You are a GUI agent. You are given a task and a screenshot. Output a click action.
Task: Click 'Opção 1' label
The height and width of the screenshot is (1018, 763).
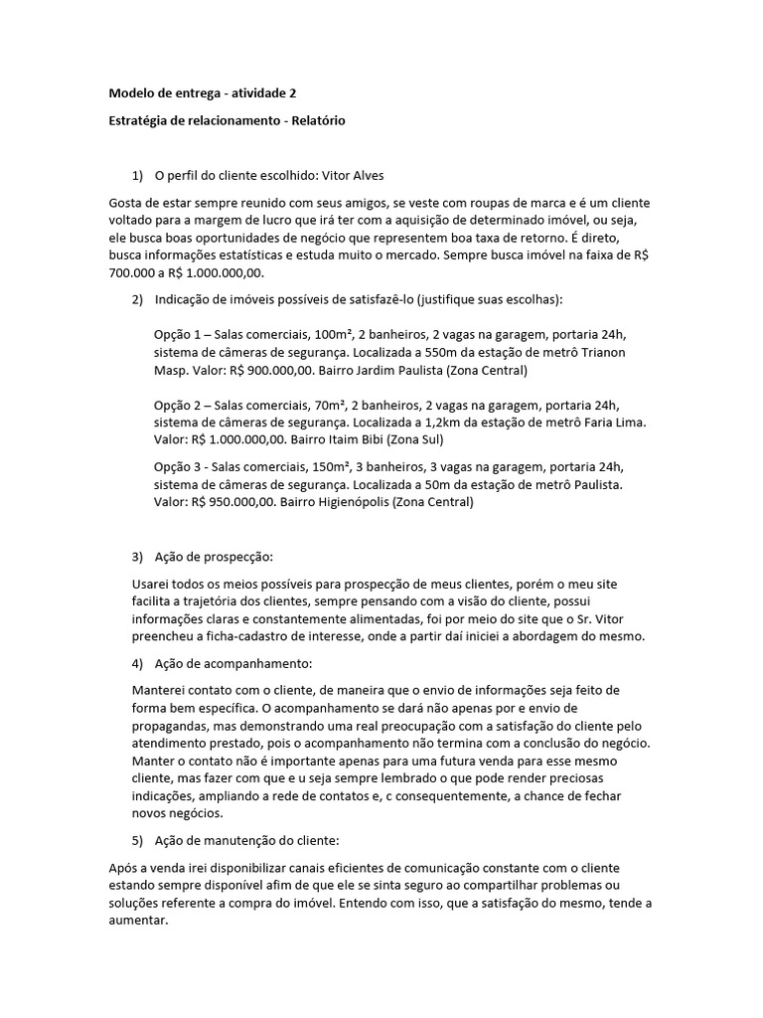click(x=178, y=336)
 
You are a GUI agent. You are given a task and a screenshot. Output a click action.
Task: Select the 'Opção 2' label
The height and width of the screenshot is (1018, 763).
click(x=178, y=405)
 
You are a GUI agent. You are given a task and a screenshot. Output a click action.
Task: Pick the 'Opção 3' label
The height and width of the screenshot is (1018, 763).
click(x=178, y=466)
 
